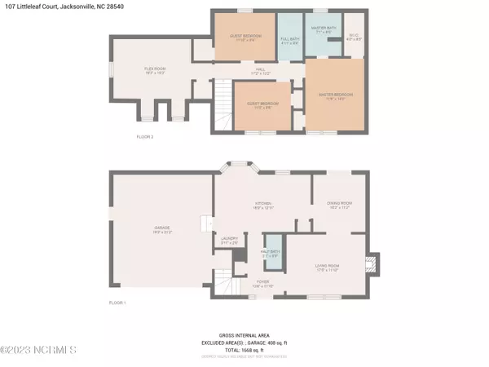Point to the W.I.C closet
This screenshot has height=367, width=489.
tap(353, 37)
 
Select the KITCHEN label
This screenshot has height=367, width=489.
tap(262, 206)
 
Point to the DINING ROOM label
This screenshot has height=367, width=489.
tap(338, 205)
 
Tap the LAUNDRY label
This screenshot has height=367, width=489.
tap(229, 240)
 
